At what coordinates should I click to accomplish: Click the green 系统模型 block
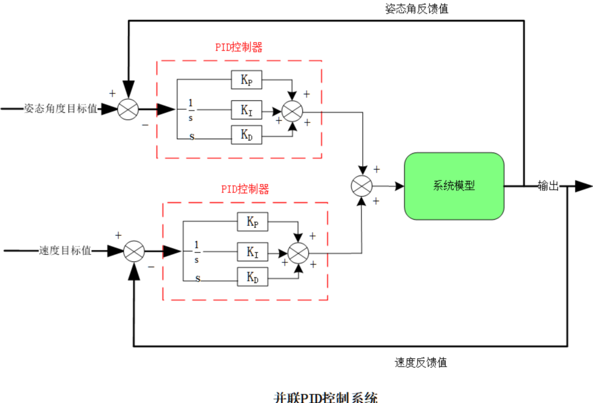pyautogui.click(x=454, y=186)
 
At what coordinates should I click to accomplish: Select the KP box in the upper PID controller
pyautogui.click(x=247, y=80)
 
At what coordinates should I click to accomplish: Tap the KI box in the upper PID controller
pyautogui.click(x=247, y=110)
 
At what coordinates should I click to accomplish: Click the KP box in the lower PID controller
pyautogui.click(x=253, y=222)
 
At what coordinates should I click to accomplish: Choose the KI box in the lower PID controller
pyautogui.click(x=253, y=252)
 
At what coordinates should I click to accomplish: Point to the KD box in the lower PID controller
pyautogui.click(x=253, y=277)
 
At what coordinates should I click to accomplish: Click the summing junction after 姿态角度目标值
pyautogui.click(x=128, y=109)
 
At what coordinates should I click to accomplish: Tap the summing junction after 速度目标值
pyautogui.click(x=133, y=252)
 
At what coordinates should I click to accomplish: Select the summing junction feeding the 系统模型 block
pyautogui.click(x=361, y=186)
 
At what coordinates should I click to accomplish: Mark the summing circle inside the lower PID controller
pyautogui.click(x=299, y=252)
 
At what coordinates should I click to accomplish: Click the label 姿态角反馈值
pyautogui.click(x=417, y=9)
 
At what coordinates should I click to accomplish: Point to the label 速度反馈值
pyautogui.click(x=421, y=362)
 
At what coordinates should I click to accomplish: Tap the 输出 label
pyautogui.click(x=547, y=186)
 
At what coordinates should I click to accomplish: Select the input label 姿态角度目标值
pyautogui.click(x=60, y=109)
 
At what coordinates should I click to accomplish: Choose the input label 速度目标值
pyautogui.click(x=65, y=251)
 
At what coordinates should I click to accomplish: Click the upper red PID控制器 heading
pyautogui.click(x=239, y=47)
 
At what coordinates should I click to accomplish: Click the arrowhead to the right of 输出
pyautogui.click(x=583, y=186)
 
